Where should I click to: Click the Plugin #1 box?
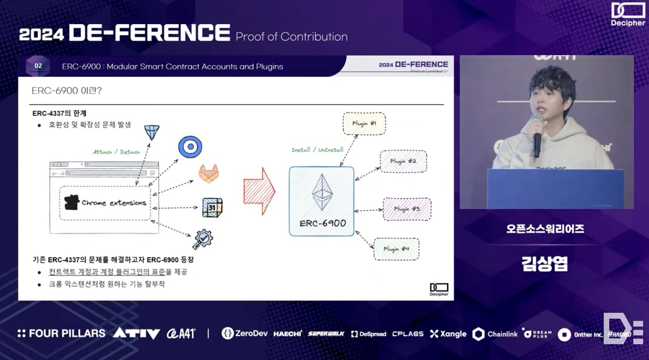coord(364,123)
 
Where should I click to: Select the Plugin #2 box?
coord(403,161)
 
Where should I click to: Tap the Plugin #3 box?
coord(407,209)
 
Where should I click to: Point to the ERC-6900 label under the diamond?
coord(323,223)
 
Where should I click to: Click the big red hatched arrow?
coord(260,191)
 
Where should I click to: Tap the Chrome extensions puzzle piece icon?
coord(72,202)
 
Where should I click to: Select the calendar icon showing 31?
coord(212,208)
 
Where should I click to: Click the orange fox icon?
coord(208,174)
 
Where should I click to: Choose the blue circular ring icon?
coord(190,147)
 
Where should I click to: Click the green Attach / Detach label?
coord(117,152)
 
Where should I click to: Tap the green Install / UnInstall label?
coord(317,150)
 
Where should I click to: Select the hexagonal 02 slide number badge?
coord(38,66)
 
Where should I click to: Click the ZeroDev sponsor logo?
coord(244,333)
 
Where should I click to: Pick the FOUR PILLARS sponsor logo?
coord(61,333)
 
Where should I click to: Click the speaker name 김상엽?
coord(545,264)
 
